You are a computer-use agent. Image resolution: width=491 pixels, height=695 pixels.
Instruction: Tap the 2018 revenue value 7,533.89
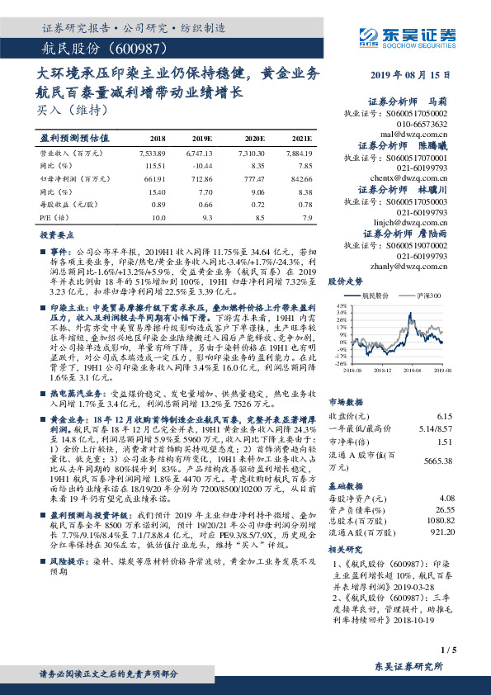[x=153, y=153]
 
